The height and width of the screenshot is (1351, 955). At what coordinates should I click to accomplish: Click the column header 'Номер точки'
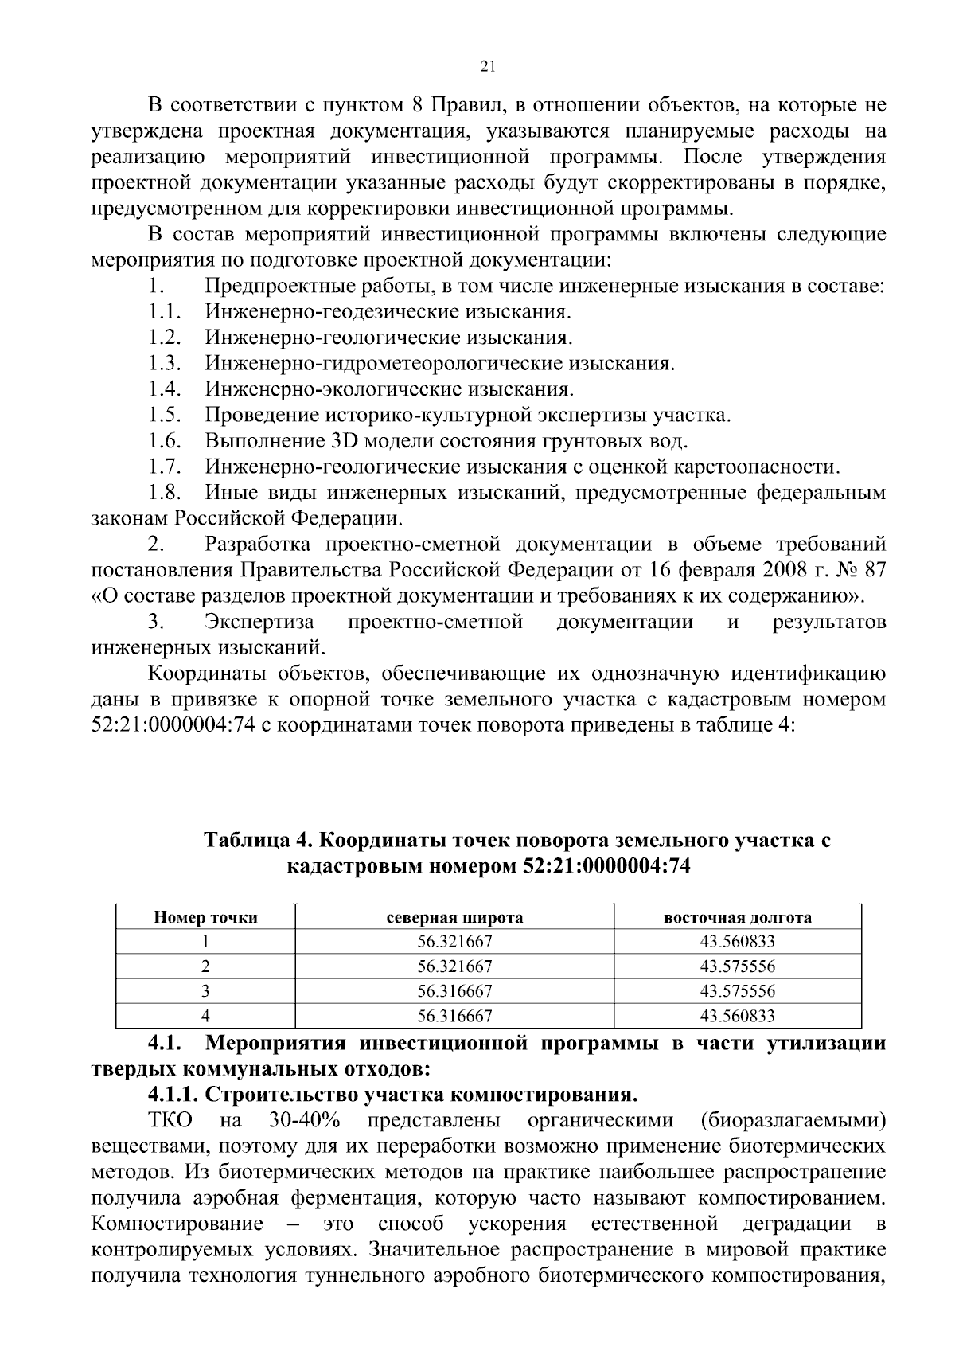[205, 917]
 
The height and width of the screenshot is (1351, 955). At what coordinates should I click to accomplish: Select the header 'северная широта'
[454, 917]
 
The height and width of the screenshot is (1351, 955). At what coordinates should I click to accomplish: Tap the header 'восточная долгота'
[737, 917]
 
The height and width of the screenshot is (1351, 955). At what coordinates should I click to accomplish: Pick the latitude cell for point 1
[454, 942]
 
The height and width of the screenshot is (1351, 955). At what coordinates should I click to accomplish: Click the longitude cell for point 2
[737, 966]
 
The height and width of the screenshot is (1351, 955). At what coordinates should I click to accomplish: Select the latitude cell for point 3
[454, 991]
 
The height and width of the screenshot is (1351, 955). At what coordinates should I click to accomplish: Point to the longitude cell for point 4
[737, 1016]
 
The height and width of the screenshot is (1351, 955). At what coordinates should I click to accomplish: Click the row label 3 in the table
[205, 991]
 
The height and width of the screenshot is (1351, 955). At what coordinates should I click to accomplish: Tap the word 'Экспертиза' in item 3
[259, 622]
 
